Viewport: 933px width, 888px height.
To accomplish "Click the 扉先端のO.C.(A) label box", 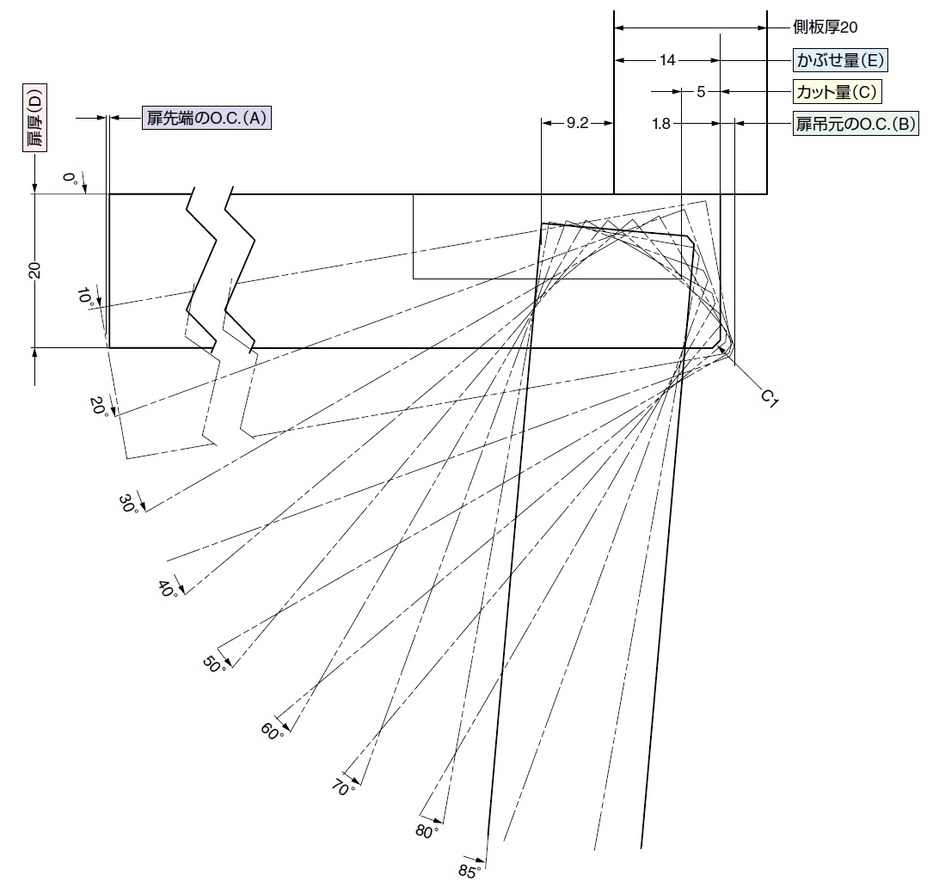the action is coord(206,118).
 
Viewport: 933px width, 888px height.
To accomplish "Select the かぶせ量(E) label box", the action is coord(840,60).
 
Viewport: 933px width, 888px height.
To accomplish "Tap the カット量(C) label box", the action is coord(837,92).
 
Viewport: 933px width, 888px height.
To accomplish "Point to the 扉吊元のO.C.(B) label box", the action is coord(856,124).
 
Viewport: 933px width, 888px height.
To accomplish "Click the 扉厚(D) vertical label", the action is coord(34,118).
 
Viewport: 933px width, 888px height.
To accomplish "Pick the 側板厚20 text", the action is coord(826,27).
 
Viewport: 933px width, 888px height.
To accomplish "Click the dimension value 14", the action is coord(667,60).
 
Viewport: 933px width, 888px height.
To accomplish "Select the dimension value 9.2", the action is coord(577,123).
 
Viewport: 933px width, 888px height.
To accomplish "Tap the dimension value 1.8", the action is coord(661,124).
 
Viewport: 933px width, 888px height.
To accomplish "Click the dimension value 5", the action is coord(701,92).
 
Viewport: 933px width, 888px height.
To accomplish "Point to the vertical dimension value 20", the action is coord(35,270).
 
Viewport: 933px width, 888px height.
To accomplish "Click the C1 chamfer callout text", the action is coord(770,399).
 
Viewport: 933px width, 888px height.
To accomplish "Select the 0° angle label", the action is coord(71,178).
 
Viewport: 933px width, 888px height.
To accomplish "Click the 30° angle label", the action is coord(129,504).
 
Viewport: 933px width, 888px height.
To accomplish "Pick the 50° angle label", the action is coord(214,664).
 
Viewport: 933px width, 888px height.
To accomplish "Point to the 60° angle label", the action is coord(272,731).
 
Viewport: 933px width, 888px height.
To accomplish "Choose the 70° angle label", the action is coord(343,788).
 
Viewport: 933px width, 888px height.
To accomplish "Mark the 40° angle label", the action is coord(168,590).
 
